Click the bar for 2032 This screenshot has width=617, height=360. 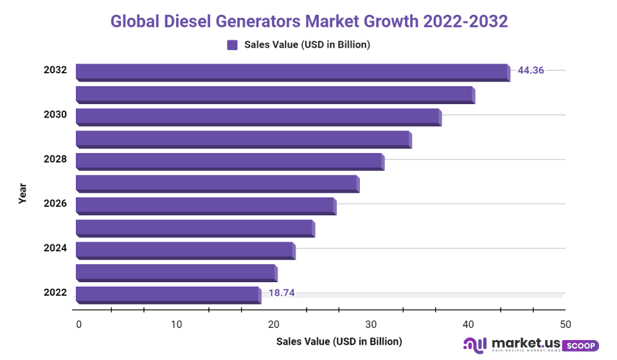tap(292, 71)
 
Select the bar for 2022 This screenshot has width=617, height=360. tap(168, 294)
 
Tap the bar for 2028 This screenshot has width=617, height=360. tap(229, 161)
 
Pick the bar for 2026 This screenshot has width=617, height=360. tap(206, 205)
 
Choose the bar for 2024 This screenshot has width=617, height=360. tap(185, 249)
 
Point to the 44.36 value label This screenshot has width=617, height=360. tap(531, 70)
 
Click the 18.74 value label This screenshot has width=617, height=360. tap(282, 293)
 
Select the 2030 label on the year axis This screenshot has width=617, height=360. tap(55, 114)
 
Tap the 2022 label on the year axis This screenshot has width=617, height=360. tap(55, 292)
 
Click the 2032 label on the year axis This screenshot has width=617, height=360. tap(55, 69)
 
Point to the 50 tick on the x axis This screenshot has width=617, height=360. tap(564, 324)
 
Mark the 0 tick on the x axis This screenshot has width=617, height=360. tap(78, 324)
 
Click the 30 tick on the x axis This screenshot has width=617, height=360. tap(370, 324)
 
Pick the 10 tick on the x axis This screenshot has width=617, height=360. tap(176, 324)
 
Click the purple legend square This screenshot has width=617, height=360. tap(232, 45)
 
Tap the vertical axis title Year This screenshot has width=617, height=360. tap(22, 193)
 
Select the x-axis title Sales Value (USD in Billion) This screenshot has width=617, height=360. tap(339, 341)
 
